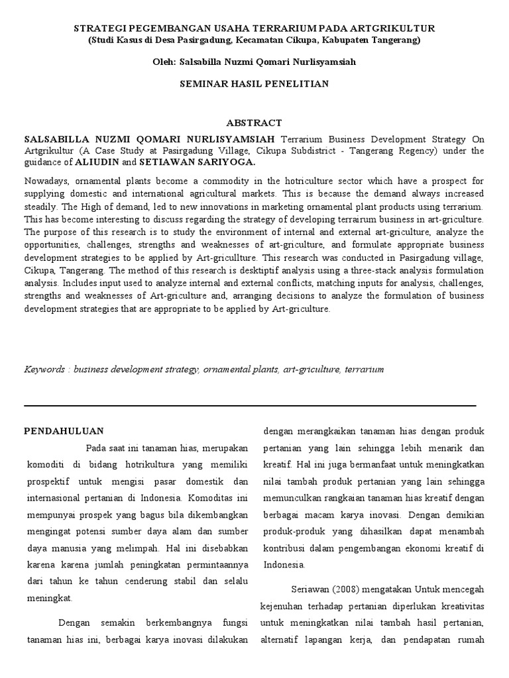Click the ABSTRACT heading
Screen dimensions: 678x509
[254, 123]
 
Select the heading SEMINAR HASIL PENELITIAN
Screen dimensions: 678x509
[254, 84]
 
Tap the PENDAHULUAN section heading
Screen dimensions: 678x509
[64, 431]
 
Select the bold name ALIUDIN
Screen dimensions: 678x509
[97, 162]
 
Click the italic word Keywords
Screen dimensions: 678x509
[45, 369]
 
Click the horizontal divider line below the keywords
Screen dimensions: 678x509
[250, 405]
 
